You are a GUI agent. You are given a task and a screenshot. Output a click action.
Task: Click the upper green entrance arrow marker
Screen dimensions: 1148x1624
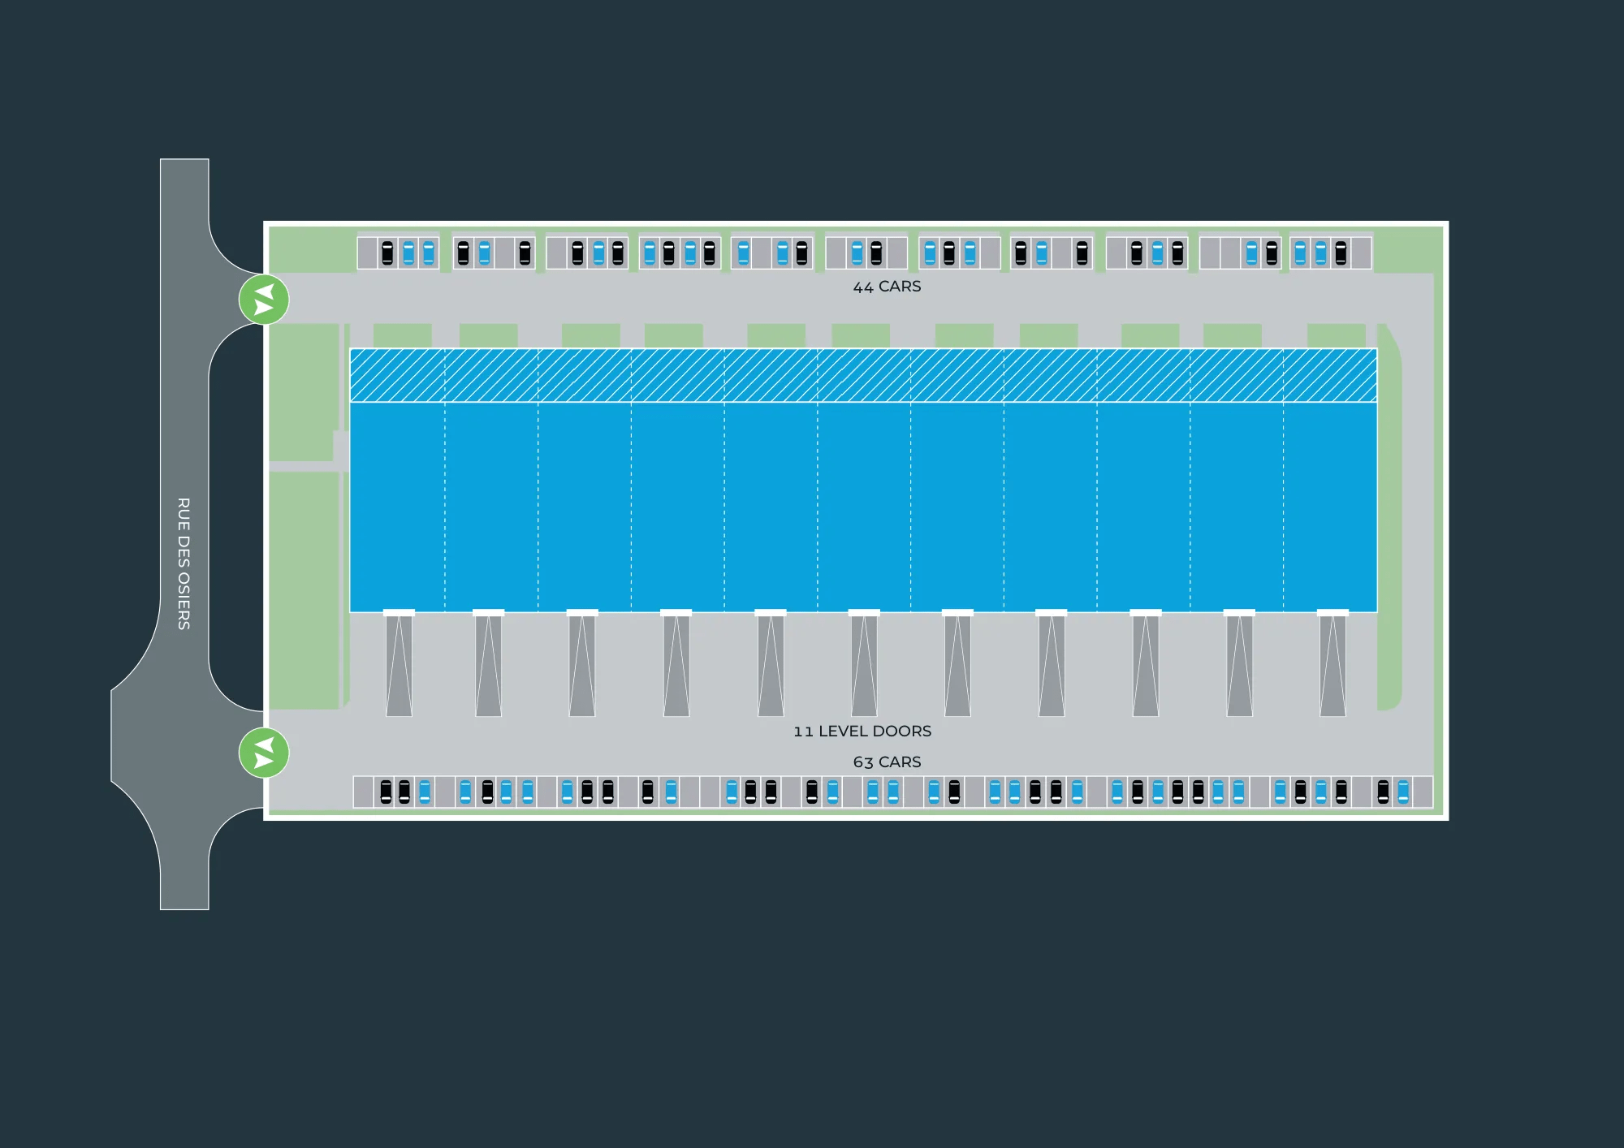pos(264,300)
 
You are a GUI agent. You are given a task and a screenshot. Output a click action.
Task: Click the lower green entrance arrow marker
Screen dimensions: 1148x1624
pos(264,753)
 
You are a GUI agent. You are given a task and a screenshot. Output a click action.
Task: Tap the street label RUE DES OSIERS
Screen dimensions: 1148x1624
pos(184,563)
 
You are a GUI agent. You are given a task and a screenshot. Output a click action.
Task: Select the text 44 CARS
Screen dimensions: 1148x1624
pos(887,287)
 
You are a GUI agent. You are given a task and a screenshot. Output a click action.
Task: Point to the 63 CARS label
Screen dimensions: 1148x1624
pos(887,762)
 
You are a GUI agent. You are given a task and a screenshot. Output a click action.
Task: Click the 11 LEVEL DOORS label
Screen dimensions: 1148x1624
pos(862,731)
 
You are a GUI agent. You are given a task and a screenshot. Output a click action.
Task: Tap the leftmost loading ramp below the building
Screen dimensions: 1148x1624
pos(399,666)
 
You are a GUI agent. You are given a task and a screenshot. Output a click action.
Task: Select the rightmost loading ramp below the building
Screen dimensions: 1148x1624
pos(1332,666)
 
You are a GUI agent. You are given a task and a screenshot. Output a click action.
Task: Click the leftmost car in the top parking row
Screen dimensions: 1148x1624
pos(387,253)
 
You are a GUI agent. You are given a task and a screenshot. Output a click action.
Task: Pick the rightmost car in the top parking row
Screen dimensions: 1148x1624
pos(1341,253)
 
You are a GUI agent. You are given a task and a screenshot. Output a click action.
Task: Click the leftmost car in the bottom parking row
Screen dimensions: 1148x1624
pos(386,792)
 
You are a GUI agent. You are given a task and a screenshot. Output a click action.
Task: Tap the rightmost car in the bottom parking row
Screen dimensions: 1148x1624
pos(1403,792)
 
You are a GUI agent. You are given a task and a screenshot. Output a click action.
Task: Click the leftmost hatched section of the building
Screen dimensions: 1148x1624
pos(397,375)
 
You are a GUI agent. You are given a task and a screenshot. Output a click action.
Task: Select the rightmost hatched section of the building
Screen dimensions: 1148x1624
pos(1330,375)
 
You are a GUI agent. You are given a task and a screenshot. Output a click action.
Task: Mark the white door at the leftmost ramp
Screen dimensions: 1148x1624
pos(399,613)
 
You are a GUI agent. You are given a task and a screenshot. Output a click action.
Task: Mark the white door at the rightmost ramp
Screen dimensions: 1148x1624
pos(1332,613)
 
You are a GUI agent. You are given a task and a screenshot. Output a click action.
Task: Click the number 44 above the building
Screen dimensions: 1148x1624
pos(863,287)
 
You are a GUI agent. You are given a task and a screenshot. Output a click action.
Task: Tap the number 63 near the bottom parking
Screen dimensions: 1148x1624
pos(863,762)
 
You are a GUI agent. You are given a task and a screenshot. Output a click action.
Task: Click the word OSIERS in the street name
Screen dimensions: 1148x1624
pos(184,601)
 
